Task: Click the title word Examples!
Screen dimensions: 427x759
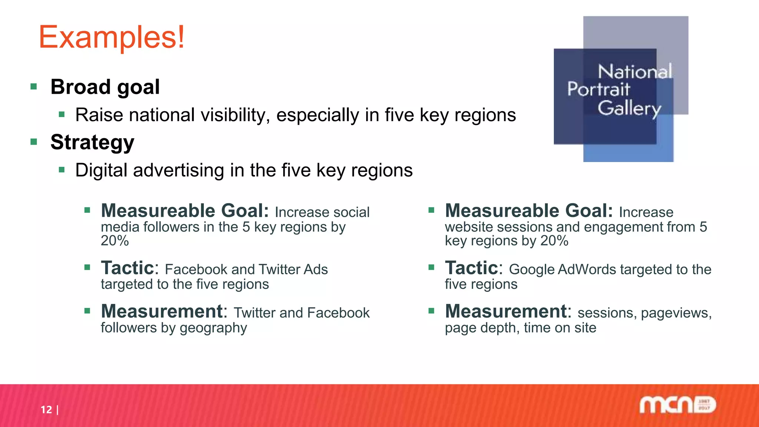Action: tap(111, 37)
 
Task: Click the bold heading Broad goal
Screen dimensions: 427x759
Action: tap(105, 87)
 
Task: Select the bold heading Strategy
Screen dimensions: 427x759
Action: tap(92, 142)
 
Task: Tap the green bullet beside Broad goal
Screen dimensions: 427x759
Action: tap(34, 87)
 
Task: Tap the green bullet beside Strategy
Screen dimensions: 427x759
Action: tap(34, 142)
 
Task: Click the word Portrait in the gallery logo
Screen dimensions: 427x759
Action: tap(598, 89)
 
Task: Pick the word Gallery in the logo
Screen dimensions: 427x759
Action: tap(629, 108)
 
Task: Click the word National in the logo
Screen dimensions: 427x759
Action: tap(634, 72)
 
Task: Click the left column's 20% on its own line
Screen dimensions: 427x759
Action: tap(115, 241)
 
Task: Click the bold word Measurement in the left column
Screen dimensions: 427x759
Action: tap(162, 311)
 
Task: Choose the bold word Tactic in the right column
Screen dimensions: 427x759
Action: tap(471, 268)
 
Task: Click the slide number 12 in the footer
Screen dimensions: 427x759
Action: tap(46, 410)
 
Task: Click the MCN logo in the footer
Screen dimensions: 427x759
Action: tap(677, 405)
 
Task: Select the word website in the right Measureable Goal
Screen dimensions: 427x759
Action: tap(469, 227)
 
